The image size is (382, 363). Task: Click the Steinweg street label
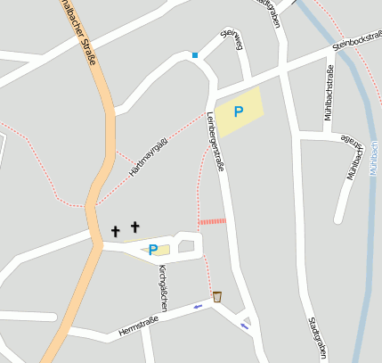coord(234,42)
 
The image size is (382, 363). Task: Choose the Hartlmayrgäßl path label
coord(149,155)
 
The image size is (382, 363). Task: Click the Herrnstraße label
coord(138,326)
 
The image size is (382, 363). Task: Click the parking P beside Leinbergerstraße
coord(238,111)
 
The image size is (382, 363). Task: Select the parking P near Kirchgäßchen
coord(153,250)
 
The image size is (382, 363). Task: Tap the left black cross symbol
coord(115,232)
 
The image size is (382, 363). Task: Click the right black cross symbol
coord(135,227)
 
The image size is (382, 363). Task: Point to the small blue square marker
coord(195,55)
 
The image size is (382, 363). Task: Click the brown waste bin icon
coord(216,295)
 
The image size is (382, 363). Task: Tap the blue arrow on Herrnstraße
coord(197,307)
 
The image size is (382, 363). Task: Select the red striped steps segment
coord(212,221)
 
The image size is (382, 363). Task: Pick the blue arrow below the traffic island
coord(244,326)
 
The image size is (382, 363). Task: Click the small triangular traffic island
coord(248,319)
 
